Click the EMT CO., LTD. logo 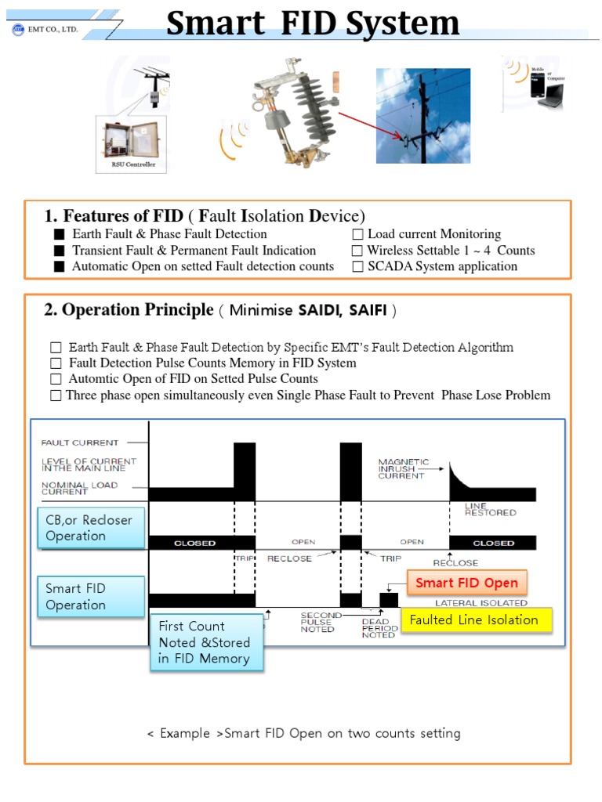click(19, 30)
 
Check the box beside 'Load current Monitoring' click(357, 234)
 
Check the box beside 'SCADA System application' click(357, 266)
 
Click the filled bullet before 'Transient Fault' click(59, 251)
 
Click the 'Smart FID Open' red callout click(466, 583)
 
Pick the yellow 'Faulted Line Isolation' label click(477, 620)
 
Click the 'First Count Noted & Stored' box click(205, 642)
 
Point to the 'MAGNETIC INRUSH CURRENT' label click(401, 468)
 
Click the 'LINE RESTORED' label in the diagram click(490, 509)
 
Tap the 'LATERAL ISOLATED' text click(481, 603)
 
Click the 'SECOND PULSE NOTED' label click(317, 623)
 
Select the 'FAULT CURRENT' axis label click(80, 443)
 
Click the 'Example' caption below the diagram click(303, 734)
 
